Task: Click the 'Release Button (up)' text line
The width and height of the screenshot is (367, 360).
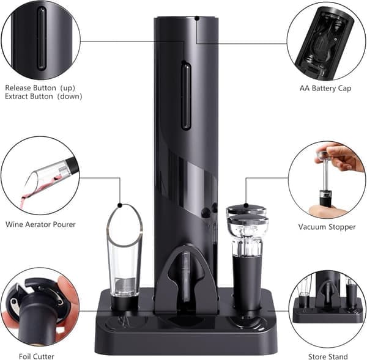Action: pyautogui.click(x=40, y=88)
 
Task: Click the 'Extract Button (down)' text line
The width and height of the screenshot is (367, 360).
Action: pyautogui.click(x=43, y=97)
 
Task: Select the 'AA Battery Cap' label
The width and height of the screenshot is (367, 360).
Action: pyautogui.click(x=325, y=89)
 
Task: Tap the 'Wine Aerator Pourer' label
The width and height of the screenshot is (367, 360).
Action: pyautogui.click(x=40, y=224)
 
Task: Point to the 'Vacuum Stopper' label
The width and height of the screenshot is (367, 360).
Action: pyautogui.click(x=327, y=227)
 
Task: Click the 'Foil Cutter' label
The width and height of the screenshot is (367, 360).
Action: pyautogui.click(x=37, y=356)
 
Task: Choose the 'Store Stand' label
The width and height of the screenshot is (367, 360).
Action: pyautogui.click(x=328, y=356)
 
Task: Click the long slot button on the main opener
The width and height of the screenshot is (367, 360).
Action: pyautogui.click(x=186, y=96)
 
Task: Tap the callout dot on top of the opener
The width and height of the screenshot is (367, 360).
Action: pyautogui.click(x=197, y=18)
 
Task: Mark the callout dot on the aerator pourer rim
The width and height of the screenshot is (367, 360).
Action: pyautogui.click(x=120, y=205)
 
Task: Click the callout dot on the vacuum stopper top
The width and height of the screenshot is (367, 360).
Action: pyautogui.click(x=246, y=205)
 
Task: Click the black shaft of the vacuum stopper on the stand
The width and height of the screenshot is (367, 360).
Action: pyautogui.click(x=247, y=283)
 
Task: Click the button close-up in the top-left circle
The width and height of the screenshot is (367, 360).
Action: pyautogui.click(x=42, y=39)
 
